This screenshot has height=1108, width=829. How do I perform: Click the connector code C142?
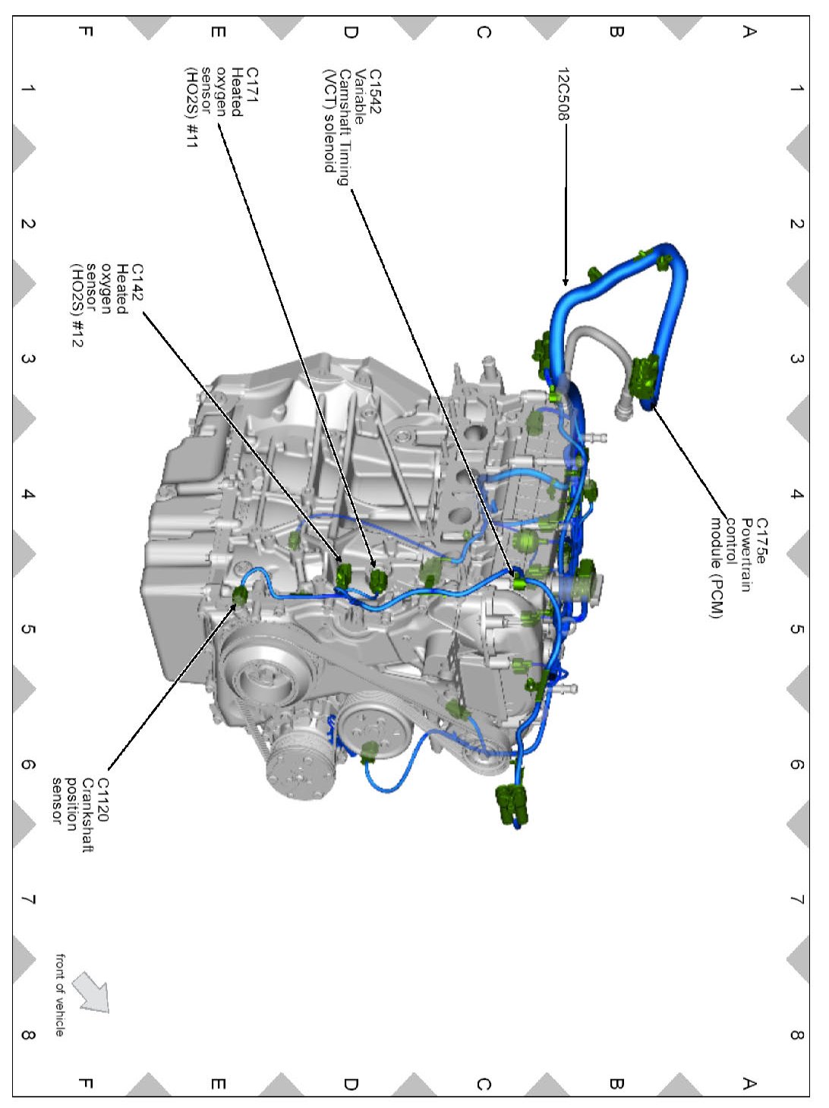pyautogui.click(x=137, y=282)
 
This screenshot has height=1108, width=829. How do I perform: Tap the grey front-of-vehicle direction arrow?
pyautogui.click(x=91, y=993)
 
